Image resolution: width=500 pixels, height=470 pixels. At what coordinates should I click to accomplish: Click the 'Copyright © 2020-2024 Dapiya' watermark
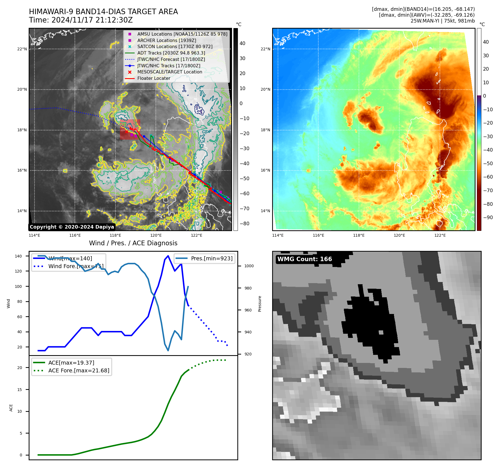[72, 227]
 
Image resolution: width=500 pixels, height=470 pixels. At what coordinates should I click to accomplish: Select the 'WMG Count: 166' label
[304, 259]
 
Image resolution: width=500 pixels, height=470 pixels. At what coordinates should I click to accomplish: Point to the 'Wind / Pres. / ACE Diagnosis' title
[133, 243]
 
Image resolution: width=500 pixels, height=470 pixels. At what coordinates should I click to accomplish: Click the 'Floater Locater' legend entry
[154, 78]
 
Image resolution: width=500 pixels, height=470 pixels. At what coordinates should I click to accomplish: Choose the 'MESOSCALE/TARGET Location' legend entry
[169, 72]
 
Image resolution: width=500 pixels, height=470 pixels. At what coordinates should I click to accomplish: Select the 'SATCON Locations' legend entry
[174, 46]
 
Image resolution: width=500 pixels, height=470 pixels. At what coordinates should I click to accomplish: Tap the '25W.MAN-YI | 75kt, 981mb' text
[442, 21]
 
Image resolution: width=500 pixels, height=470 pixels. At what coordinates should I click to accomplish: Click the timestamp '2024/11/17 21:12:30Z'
[92, 20]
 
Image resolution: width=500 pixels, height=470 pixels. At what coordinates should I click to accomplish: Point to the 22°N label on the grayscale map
[22, 49]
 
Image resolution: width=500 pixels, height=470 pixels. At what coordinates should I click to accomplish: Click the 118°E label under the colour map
[359, 235]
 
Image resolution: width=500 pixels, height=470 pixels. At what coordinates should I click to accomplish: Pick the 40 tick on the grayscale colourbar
[242, 43]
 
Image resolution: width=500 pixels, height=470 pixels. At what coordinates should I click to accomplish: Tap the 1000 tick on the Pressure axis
[249, 266]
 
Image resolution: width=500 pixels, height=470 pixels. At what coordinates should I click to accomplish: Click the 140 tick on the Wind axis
[18, 256]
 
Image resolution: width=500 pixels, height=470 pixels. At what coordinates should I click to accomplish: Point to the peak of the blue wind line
[168, 256]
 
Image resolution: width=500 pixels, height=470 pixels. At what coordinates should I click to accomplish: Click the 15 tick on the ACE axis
[19, 390]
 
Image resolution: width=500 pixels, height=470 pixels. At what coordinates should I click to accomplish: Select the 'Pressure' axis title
[260, 304]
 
